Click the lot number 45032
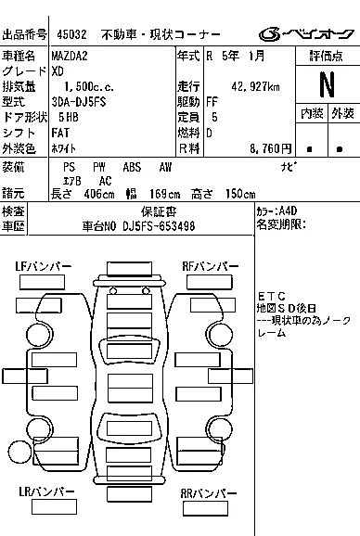(x=71, y=34)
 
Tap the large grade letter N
(x=328, y=84)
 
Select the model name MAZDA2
(x=70, y=56)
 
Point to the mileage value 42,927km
(x=255, y=86)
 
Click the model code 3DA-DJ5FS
(x=79, y=102)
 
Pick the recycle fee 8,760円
(x=270, y=148)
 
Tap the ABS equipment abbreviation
(x=132, y=167)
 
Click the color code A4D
(x=288, y=211)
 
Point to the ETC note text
(x=272, y=296)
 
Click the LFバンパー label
(x=44, y=266)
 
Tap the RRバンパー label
(x=209, y=493)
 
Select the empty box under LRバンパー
(x=54, y=507)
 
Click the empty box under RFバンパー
(x=210, y=282)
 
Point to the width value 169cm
(x=165, y=194)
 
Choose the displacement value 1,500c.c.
(x=89, y=86)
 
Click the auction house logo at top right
(x=306, y=34)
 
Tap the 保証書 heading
(x=159, y=212)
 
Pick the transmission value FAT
(x=60, y=133)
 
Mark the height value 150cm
(x=240, y=194)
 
